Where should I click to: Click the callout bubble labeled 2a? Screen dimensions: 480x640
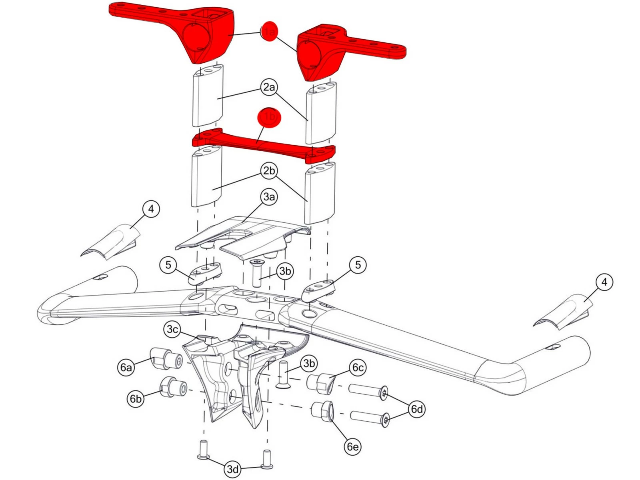tap(269, 87)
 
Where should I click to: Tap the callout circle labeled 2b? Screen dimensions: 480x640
tap(269, 171)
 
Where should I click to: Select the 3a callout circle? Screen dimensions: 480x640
tap(269, 197)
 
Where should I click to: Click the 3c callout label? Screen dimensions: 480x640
tap(172, 330)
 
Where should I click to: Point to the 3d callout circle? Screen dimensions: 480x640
tap(233, 469)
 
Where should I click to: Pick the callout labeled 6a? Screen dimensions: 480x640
tap(126, 367)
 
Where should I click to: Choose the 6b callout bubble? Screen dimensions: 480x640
tap(136, 399)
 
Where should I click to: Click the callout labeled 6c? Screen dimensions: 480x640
tap(358, 368)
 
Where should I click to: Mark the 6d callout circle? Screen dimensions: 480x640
tap(416, 409)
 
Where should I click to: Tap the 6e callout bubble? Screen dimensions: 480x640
tap(352, 446)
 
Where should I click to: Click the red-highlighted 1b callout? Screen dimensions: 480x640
tap(269, 117)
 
